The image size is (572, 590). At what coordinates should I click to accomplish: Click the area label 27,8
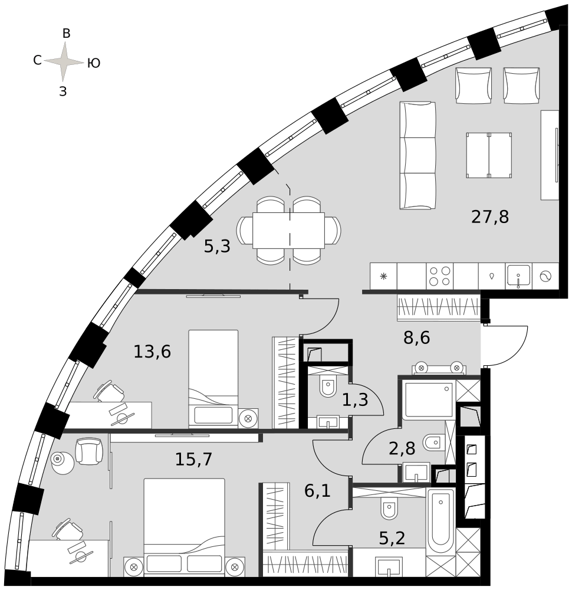pos(489,217)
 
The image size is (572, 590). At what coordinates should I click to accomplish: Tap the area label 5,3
pos(217,247)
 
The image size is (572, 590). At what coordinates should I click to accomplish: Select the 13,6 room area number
pos(152,352)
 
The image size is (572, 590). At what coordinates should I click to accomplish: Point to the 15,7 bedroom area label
pos(193,459)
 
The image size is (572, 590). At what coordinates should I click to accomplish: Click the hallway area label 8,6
pos(417,338)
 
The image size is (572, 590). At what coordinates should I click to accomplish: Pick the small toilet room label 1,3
pos(355,399)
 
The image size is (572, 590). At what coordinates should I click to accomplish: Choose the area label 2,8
pos(402,448)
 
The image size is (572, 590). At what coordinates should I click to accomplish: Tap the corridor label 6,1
pos(317,491)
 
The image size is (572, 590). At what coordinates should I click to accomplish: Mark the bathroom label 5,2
pos(392,539)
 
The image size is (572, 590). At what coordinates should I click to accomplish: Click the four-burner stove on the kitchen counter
pos(440,276)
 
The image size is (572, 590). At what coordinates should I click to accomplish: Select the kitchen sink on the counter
pos(518,276)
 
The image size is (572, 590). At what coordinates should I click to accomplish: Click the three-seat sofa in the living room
pos(418,155)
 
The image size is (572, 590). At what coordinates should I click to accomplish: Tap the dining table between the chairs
pos(288,230)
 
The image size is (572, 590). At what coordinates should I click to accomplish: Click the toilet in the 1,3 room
pos(328,387)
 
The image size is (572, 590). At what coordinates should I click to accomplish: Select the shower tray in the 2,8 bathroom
pos(429,399)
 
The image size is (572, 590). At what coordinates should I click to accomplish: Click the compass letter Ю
pos(94,63)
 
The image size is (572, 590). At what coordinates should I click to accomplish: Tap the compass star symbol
pos(64,61)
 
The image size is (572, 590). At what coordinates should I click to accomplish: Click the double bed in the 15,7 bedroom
pos(184,527)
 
